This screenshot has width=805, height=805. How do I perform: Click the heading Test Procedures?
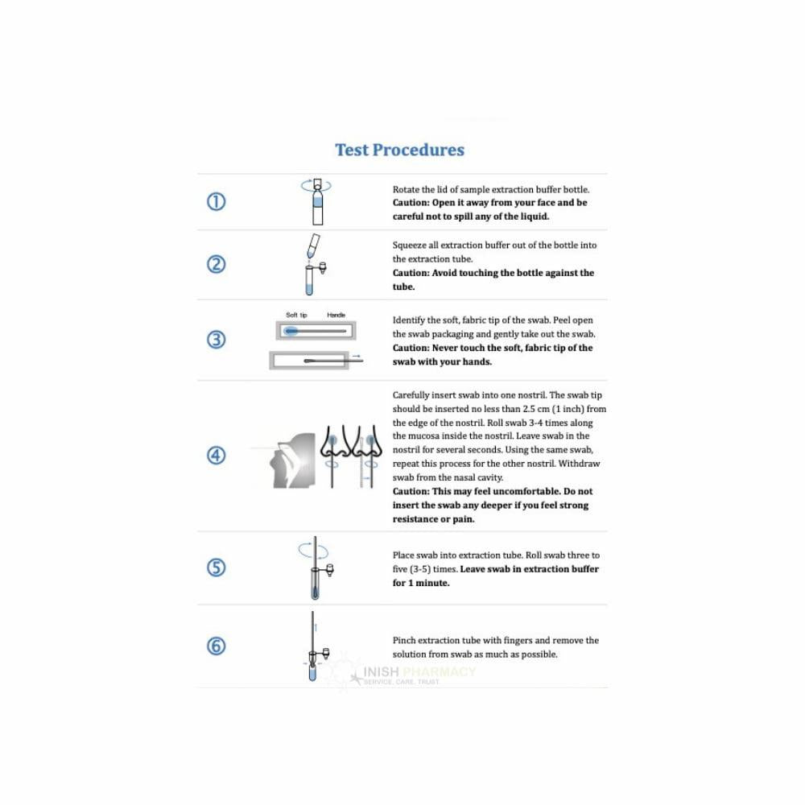tap(399, 150)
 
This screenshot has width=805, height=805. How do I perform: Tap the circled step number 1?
tap(217, 202)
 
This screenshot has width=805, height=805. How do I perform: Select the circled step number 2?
tap(217, 264)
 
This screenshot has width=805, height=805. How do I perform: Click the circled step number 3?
tap(217, 340)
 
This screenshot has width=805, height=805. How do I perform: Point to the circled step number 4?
tap(217, 455)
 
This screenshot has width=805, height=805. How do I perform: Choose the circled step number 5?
tap(217, 568)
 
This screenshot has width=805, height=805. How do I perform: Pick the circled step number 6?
tap(217, 646)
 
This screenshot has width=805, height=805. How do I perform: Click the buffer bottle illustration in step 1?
tap(316, 205)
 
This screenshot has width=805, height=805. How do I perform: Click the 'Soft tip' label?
tap(297, 315)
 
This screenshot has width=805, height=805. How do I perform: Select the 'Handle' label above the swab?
tap(336, 315)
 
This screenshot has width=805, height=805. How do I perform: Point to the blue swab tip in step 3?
tap(291, 330)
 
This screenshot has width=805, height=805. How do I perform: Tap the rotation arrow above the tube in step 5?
tap(314, 550)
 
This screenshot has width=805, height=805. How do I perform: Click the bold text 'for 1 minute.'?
tap(421, 583)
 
